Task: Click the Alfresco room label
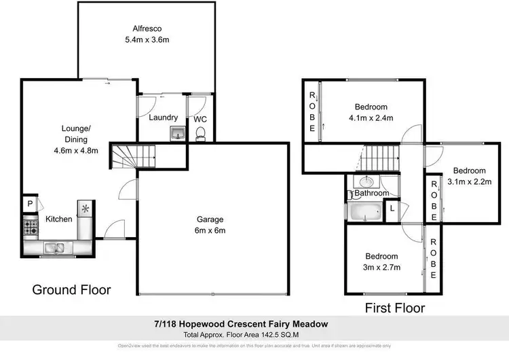pyautogui.click(x=146, y=29)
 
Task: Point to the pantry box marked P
pyautogui.click(x=30, y=203)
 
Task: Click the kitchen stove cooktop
pyautogui.click(x=31, y=226)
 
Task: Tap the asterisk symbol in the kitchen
pyautogui.click(x=86, y=208)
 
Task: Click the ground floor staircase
pyautogui.click(x=133, y=158)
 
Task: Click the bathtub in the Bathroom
pyautogui.click(x=366, y=213)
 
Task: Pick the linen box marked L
pyautogui.click(x=393, y=207)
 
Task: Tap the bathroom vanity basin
pyautogui.click(x=366, y=181)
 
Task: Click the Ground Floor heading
pyautogui.click(x=72, y=290)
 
